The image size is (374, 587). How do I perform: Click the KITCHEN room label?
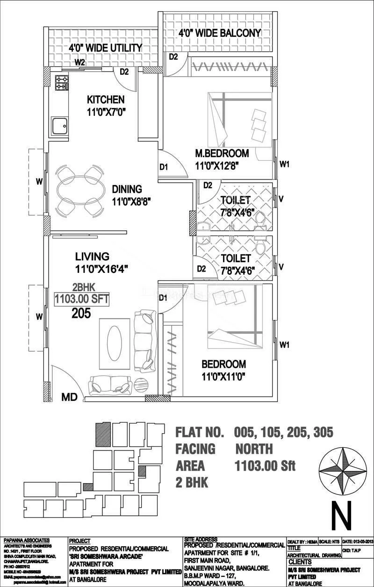click(106, 100)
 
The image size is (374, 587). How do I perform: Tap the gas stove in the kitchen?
click(62, 83)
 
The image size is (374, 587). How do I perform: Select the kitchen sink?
click(60, 126)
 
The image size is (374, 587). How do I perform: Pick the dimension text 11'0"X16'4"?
click(102, 269)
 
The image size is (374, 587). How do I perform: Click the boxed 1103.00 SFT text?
click(81, 299)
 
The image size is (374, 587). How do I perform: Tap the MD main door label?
click(70, 397)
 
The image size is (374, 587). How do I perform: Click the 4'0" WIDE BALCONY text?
click(219, 33)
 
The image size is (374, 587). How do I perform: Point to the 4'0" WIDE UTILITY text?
click(106, 48)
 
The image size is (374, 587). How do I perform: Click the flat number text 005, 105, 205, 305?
click(283, 432)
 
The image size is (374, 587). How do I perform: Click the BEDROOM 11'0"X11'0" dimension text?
click(224, 376)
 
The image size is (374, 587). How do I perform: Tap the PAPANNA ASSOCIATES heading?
click(27, 540)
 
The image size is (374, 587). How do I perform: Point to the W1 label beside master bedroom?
click(285, 164)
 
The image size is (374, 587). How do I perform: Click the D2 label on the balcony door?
click(173, 57)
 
